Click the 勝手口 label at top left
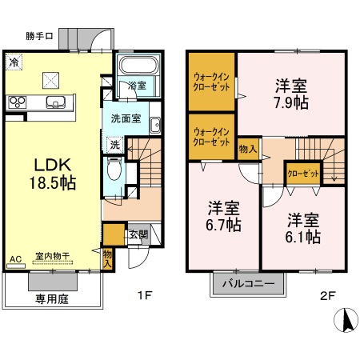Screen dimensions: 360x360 point(39,36)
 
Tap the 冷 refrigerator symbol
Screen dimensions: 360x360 point(14,61)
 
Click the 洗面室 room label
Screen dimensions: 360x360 point(126,117)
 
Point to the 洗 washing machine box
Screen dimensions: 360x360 point(115,145)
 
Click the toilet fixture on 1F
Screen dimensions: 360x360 point(114,171)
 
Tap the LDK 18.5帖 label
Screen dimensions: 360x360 point(54,174)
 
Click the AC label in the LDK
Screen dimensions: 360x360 point(14,258)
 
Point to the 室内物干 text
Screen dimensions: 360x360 point(52,258)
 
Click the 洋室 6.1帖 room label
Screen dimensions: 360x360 point(303,228)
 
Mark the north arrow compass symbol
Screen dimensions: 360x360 point(347,321)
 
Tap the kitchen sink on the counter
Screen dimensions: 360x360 point(56,101)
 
